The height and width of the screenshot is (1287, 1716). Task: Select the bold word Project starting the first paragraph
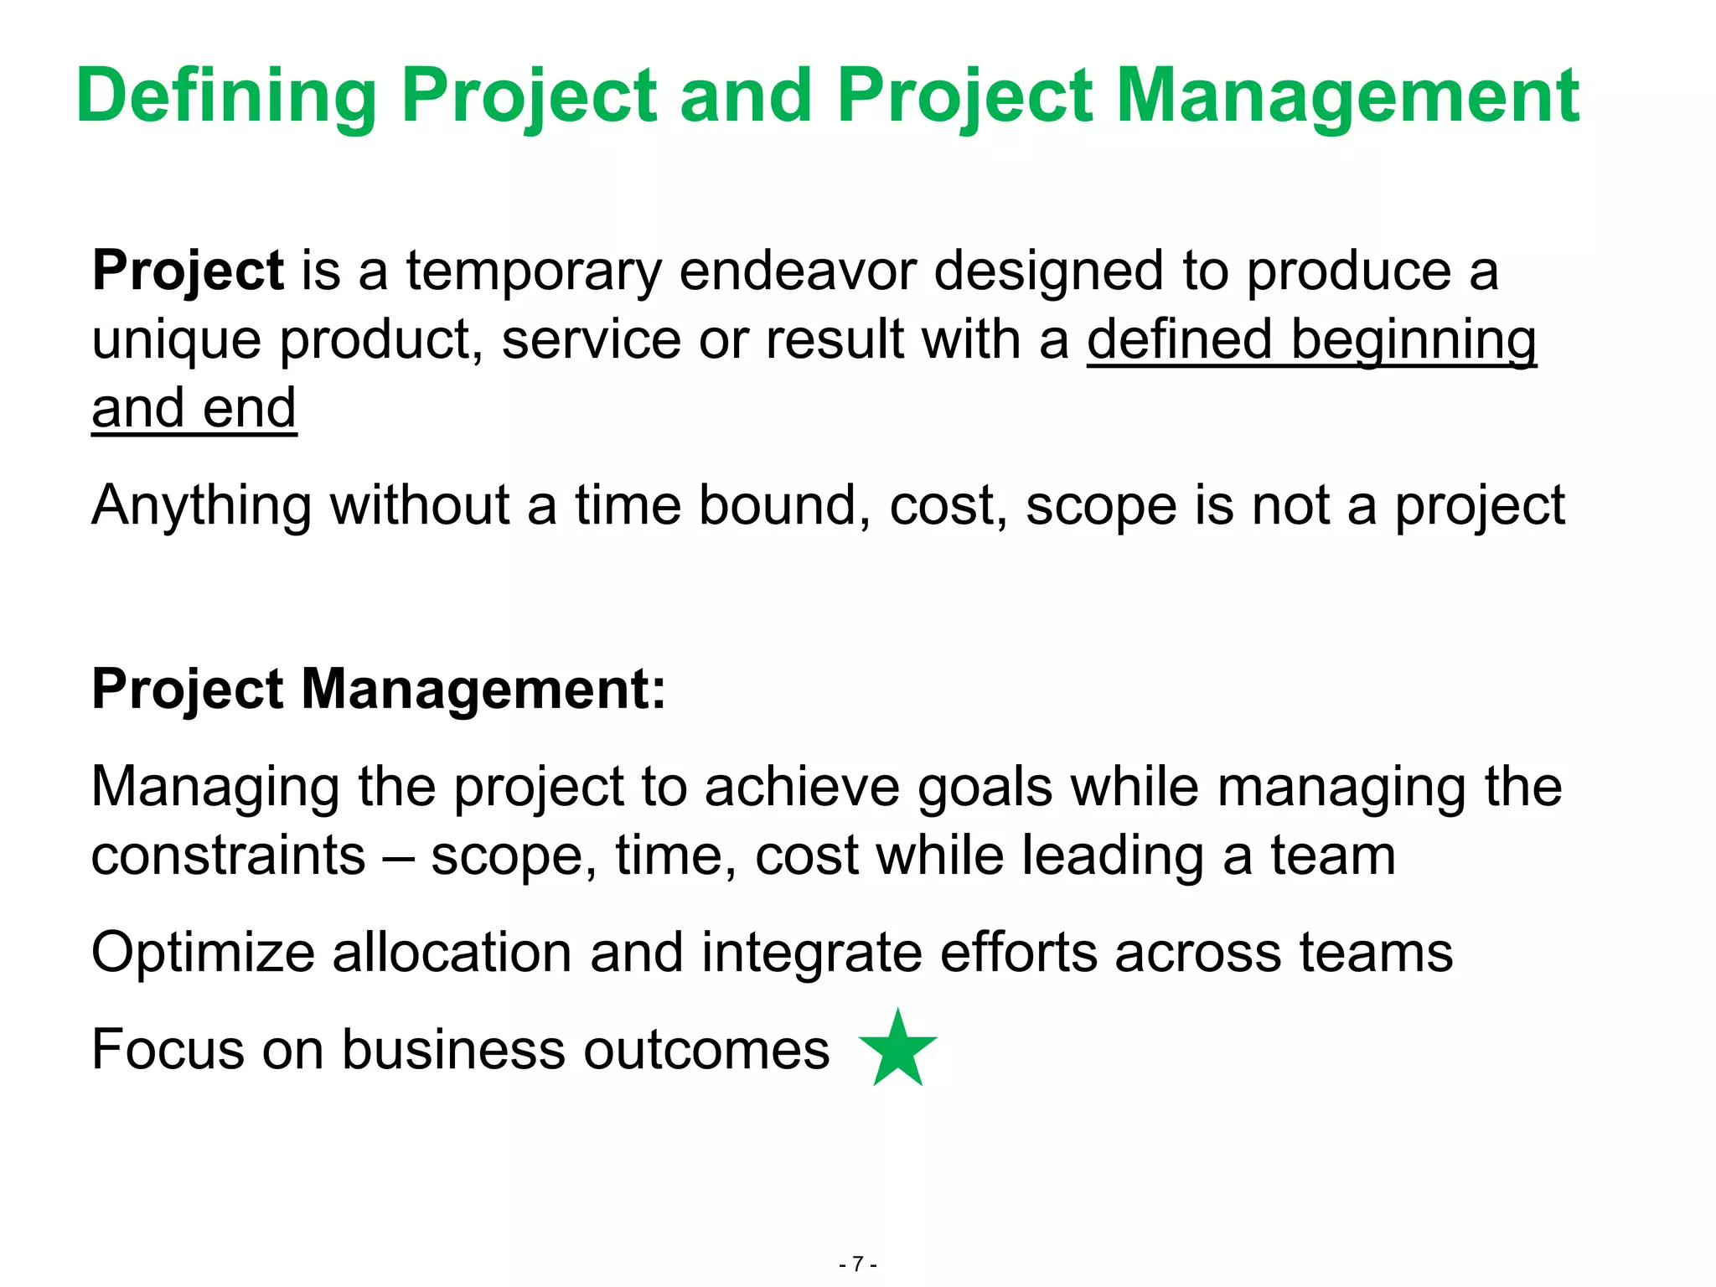pos(188,271)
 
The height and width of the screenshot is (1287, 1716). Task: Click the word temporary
pos(534,271)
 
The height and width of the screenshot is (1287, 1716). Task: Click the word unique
pos(175,340)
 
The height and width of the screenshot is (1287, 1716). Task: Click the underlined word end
pos(250,409)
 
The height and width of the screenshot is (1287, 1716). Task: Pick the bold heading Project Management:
pos(379,690)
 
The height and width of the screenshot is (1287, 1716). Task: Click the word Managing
pos(214,788)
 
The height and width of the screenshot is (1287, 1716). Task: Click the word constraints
pos(228,856)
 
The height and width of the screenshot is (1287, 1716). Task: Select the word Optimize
pos(202,954)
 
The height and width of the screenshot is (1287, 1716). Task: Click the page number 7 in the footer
pos(857,1264)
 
